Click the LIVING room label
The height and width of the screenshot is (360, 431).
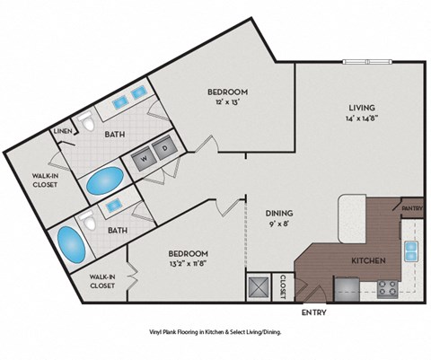(362, 110)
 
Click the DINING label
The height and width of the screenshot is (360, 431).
(279, 213)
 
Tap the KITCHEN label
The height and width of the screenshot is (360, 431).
(368, 260)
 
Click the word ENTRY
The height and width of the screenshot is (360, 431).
(313, 313)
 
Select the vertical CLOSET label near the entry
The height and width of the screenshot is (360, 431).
(282, 285)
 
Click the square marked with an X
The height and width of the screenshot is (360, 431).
(259, 286)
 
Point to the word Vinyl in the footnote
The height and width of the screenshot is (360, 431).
(160, 332)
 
